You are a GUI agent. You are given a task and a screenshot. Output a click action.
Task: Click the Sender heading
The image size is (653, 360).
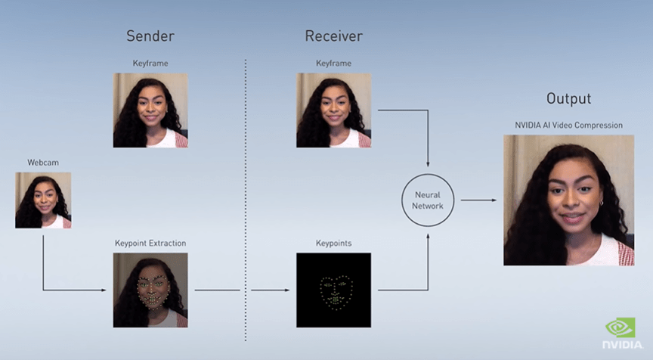150,36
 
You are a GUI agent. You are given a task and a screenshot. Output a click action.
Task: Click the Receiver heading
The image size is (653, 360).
333,36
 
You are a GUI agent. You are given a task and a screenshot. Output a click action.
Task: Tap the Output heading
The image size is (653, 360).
568,99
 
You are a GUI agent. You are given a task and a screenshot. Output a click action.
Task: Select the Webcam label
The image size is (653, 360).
42,163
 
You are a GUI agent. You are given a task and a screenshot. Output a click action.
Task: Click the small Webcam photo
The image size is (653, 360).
43,200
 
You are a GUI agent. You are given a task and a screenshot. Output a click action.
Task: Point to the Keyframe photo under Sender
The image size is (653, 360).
150,110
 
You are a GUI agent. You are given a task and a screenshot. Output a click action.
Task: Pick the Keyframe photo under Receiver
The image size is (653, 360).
333,110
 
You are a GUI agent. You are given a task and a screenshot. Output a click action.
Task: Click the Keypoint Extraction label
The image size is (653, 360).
150,244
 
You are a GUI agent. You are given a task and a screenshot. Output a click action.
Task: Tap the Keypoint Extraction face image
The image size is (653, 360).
150,290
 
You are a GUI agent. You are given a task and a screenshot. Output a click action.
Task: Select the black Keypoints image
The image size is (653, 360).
333,290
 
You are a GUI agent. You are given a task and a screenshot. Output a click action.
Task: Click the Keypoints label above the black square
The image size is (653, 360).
333,244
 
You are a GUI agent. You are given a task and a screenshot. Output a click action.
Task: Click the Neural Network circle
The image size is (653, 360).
427,200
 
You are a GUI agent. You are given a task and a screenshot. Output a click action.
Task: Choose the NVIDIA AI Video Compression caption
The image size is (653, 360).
569,125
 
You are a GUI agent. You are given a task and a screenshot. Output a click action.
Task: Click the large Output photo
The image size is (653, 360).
569,200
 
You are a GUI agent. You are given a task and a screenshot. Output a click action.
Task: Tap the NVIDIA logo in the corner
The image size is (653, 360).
621,334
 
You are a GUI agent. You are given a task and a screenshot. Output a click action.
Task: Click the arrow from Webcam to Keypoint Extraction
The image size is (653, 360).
43,265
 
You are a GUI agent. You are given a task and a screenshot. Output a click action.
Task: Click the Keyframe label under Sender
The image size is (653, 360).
150,63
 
